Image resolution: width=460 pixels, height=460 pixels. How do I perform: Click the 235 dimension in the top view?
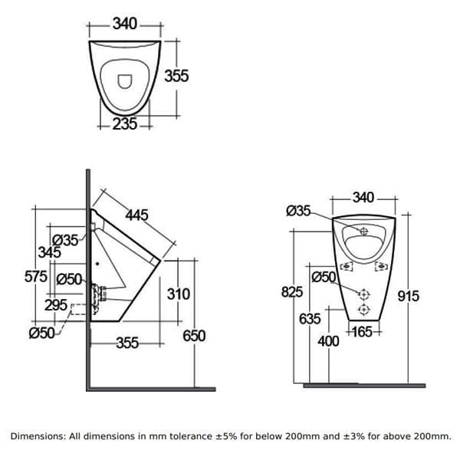coord(124,124)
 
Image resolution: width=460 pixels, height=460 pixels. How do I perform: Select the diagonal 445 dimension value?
coord(136,215)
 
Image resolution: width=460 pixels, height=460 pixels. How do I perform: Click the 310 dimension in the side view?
coord(178,294)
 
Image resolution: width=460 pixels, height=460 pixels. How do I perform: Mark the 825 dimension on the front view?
coord(293,292)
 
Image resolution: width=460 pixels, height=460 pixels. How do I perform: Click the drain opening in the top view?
coord(126,80)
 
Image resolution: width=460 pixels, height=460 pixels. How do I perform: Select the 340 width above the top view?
coord(125,24)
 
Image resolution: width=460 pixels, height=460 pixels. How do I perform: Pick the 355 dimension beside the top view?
coord(176,77)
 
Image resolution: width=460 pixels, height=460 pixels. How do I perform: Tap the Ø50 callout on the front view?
coord(323,276)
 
